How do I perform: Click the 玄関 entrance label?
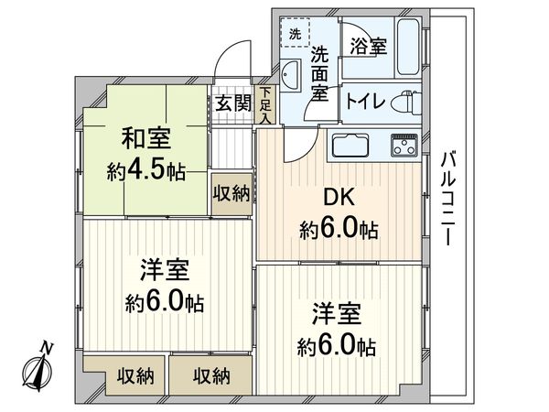[233, 103]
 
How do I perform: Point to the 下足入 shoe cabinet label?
[264, 104]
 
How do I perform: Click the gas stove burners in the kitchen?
[403, 145]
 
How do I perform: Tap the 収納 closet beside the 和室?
[231, 193]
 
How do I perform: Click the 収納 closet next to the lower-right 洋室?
[210, 374]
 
